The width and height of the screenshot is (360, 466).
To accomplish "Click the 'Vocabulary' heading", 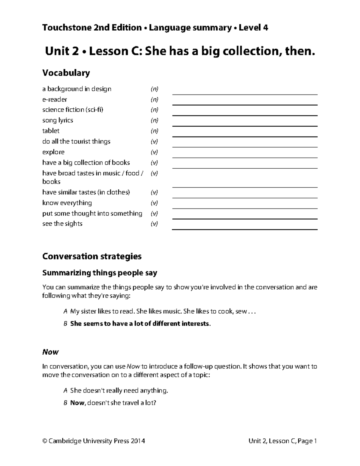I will tap(66, 73).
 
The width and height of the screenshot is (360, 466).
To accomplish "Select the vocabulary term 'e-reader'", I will tap(55, 99).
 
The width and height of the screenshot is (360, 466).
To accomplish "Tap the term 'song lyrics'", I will tap(58, 120).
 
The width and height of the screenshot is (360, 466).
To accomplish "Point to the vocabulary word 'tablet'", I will tap(51, 131).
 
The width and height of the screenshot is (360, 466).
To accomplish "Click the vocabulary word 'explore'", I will tap(53, 152).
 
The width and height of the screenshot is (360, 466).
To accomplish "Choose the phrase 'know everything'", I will tap(67, 203).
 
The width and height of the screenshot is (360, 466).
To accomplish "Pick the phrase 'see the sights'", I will tap(62, 224).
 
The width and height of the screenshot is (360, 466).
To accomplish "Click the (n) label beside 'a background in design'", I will tap(154, 89).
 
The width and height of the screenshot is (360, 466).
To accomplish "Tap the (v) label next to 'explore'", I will tap(154, 152).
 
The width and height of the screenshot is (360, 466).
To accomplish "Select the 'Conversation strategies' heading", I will tap(92, 256).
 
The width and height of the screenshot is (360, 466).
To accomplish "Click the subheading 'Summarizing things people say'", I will tap(100, 273).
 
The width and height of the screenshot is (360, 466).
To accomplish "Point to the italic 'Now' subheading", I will tap(50, 352).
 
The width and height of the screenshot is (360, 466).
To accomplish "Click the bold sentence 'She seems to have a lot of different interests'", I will tap(139, 323).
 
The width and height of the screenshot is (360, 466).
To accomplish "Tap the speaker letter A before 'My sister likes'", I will tap(65, 311).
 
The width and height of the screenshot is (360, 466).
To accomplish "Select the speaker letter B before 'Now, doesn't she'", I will tap(65, 403).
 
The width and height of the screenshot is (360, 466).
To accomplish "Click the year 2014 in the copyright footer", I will tap(138, 441).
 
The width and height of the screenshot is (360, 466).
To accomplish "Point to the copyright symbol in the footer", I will tap(45, 441).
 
